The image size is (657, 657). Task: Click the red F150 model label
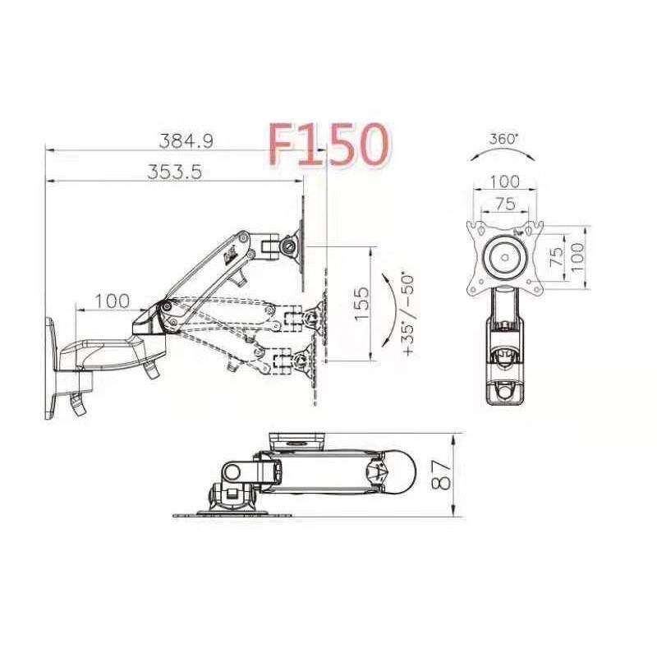click(x=328, y=145)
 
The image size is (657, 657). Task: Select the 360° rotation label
click(x=503, y=139)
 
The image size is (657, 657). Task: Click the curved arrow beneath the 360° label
click(x=503, y=154)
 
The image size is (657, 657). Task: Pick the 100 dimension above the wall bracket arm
click(x=111, y=301)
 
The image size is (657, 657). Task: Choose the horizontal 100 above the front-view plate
click(x=504, y=181)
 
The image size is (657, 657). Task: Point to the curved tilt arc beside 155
click(x=391, y=313)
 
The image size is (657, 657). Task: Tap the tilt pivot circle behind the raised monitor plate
click(x=290, y=244)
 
